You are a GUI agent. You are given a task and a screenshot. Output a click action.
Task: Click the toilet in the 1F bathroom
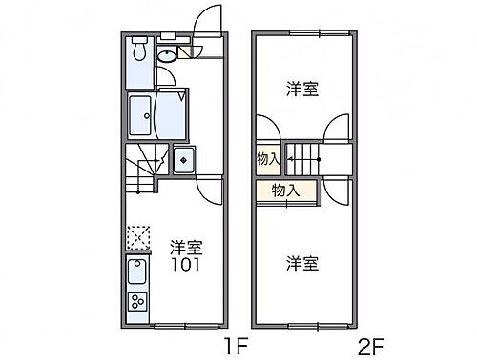pos(139,50)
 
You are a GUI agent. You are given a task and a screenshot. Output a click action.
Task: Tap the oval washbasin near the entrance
pos(168,56)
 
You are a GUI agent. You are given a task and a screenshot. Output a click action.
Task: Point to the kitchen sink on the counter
pos(138,273)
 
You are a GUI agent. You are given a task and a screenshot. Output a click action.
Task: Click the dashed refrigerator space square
pos(138,236)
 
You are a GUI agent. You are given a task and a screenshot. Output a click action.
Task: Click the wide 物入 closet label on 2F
pos(285,191)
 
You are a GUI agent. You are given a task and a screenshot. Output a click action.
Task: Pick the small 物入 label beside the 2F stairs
pos(268,159)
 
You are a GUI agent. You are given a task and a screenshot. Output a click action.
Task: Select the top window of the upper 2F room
pos(303,34)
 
